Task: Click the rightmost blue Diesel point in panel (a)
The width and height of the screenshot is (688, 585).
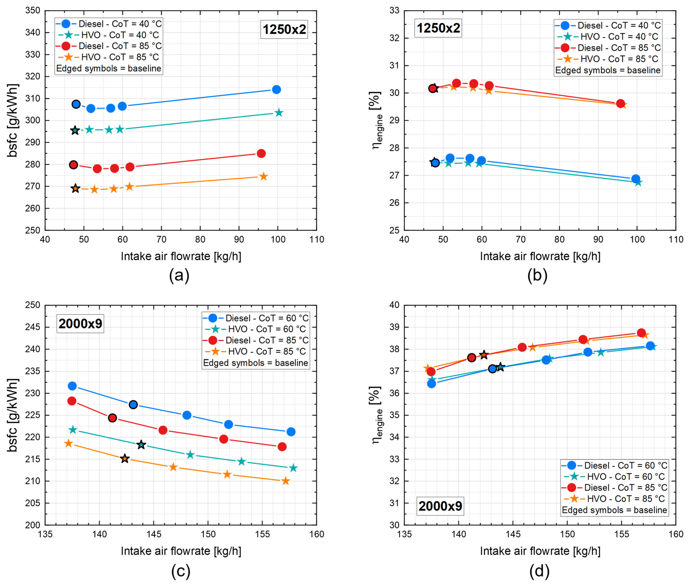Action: [x=276, y=90]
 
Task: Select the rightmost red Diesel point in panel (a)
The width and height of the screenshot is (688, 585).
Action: [x=261, y=154]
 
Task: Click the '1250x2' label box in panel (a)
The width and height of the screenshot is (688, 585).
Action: [x=284, y=30]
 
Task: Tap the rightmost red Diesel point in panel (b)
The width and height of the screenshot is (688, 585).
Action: [x=620, y=104]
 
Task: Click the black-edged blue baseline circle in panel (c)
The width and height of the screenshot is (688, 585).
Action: [x=133, y=405]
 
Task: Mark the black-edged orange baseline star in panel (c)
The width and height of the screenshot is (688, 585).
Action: [x=125, y=459]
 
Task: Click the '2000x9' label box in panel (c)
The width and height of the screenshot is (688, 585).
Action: [x=80, y=323]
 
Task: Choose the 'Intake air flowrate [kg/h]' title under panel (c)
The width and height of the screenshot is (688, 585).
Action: [x=181, y=551]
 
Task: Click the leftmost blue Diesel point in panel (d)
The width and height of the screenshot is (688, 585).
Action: [x=431, y=384]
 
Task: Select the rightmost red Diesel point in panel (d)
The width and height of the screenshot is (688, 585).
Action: [x=641, y=333]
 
